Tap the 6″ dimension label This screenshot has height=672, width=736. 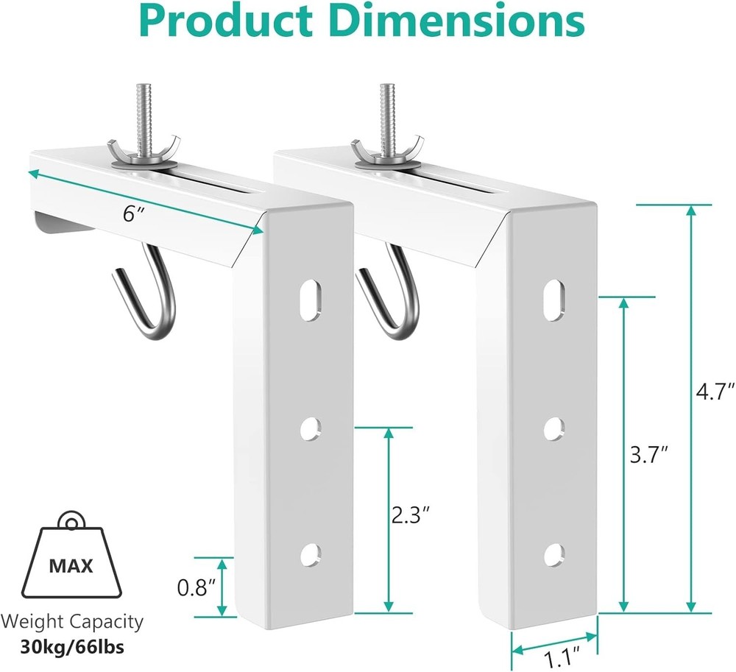point(132,215)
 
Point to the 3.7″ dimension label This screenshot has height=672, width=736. point(648,455)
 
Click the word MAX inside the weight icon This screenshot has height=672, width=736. point(71,566)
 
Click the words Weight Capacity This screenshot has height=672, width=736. point(71,622)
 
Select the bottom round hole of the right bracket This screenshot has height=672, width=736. point(555,554)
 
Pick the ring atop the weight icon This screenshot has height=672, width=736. point(71,522)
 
